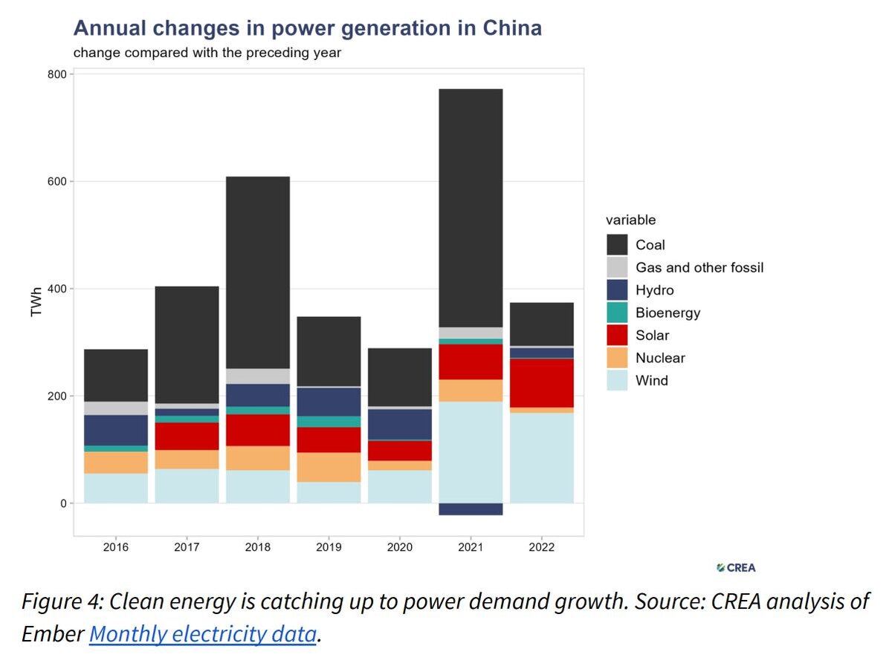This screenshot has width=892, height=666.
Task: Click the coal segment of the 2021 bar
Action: click(471, 208)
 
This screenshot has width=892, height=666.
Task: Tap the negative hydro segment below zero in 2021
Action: click(471, 509)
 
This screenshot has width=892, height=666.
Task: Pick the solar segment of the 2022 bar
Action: click(542, 383)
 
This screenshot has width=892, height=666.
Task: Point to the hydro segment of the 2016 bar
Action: click(116, 430)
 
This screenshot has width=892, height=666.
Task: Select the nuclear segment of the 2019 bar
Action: click(329, 467)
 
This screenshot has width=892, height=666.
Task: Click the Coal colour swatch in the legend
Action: click(618, 245)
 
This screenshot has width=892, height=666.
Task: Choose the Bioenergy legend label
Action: click(668, 313)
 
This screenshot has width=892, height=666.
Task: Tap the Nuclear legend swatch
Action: click(618, 358)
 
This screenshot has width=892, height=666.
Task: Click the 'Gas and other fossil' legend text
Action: click(699, 267)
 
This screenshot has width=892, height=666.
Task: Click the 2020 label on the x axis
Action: click(400, 547)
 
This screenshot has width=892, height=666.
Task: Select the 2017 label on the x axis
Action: click(187, 547)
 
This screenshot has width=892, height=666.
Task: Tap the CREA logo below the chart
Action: click(736, 568)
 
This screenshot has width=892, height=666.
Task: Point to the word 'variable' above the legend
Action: click(630, 220)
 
